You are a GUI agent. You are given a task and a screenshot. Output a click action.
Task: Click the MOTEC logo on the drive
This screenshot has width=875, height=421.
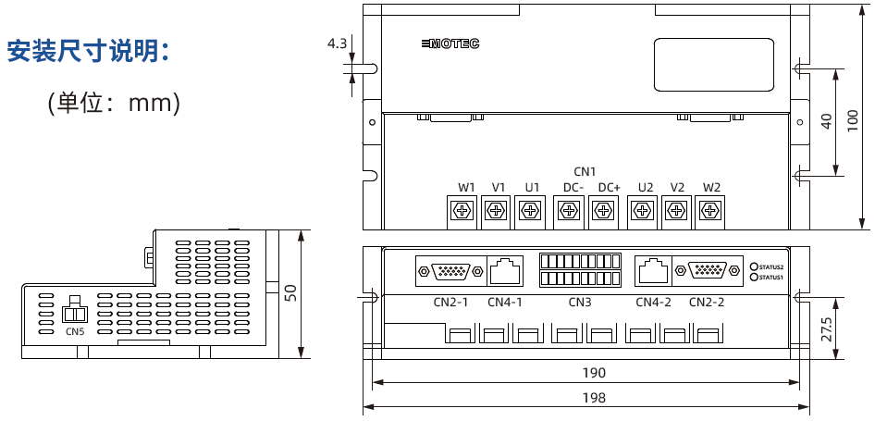tap(450, 43)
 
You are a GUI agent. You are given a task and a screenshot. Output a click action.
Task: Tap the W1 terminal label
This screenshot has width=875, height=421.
tap(465, 188)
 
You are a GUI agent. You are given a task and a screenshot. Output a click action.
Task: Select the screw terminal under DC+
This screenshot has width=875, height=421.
tap(603, 212)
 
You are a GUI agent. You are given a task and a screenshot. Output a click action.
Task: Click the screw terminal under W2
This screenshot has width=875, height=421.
tap(709, 212)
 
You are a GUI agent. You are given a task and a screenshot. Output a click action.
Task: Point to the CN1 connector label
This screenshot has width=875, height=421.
tap(585, 171)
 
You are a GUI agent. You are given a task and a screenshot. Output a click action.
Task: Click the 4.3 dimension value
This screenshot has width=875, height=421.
tap(337, 43)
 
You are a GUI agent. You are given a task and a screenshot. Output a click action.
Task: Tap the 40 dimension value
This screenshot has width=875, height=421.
tap(826, 121)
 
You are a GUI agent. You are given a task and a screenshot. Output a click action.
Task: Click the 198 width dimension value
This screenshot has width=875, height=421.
tap(595, 398)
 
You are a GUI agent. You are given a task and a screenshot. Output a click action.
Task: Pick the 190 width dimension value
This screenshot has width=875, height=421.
tap(595, 373)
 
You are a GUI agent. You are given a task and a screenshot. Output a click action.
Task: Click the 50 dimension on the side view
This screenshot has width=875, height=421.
tap(290, 293)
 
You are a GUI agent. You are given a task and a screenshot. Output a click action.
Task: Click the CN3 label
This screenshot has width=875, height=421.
tap(580, 303)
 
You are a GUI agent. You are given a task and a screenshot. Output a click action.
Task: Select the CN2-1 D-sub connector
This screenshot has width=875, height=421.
tap(450, 271)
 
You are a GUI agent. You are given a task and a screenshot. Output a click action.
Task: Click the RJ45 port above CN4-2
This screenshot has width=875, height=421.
tap(652, 270)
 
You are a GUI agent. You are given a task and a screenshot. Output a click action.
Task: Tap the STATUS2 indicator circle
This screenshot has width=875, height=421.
tap(754, 266)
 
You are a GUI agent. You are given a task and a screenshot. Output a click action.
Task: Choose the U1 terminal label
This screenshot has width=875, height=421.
tap(532, 188)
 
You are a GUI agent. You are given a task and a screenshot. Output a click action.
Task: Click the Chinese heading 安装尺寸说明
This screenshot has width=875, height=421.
tap(89, 52)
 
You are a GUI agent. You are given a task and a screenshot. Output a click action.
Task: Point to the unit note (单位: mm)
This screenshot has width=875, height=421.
tap(114, 103)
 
